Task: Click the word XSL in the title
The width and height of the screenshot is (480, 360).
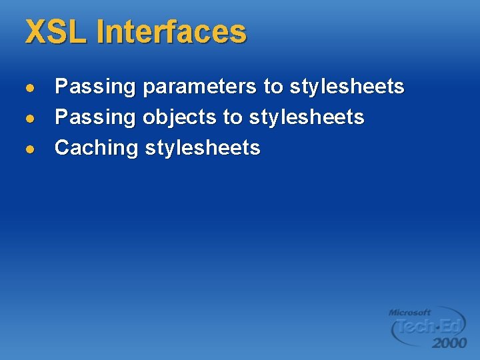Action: [x=56, y=32]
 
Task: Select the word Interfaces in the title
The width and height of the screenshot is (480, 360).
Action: [x=171, y=32]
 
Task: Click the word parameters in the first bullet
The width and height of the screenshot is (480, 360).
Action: [x=199, y=87]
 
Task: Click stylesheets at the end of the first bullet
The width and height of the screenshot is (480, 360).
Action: [x=347, y=87]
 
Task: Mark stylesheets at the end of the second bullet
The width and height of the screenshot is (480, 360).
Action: [x=307, y=117]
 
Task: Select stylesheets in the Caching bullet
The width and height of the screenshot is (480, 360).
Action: [x=203, y=148]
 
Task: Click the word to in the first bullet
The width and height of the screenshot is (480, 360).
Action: [x=273, y=87]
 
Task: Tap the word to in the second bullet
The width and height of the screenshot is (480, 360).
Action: [x=233, y=118]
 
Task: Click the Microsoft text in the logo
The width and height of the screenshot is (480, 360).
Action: [x=409, y=312]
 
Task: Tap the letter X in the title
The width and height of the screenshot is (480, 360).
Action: [x=35, y=32]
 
